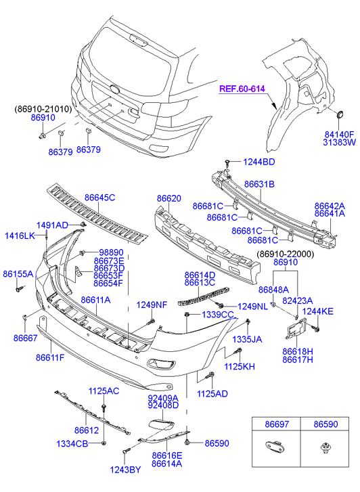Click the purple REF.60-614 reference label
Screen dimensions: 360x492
[242, 89]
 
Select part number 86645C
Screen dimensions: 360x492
[99, 198]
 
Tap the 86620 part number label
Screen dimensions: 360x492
[169, 198]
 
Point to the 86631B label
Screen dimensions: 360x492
[259, 184]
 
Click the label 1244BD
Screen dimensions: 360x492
[259, 162]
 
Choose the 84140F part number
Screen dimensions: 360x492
[339, 134]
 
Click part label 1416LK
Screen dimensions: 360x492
[20, 236]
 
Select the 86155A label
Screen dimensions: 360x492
[18, 274]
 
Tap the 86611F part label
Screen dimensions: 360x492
[50, 357]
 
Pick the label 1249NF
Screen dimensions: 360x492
[152, 305]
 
